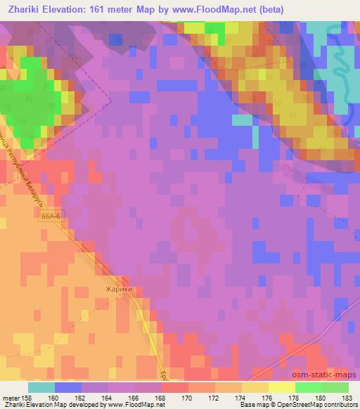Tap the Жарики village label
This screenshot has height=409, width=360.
coord(119,289)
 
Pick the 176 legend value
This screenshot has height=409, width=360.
coord(269,397)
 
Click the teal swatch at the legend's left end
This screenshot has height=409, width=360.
coord(41,387)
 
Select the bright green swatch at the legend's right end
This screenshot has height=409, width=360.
coord(335,387)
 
